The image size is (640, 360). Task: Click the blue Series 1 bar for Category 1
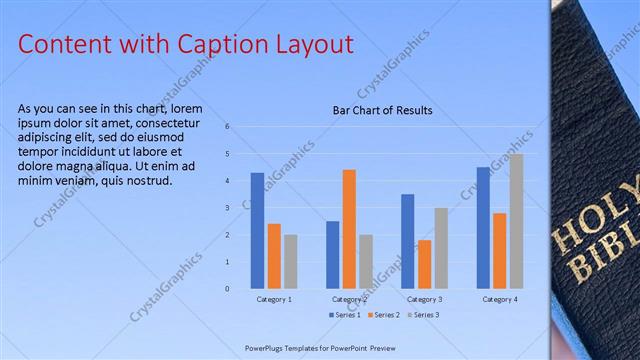pyautogui.click(x=257, y=231)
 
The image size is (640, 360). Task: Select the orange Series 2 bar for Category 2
pyautogui.click(x=349, y=229)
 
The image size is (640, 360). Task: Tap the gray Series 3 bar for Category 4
pyautogui.click(x=516, y=221)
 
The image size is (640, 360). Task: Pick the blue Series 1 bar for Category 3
pyautogui.click(x=408, y=241)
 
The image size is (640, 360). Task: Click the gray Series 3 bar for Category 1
pyautogui.click(x=290, y=261)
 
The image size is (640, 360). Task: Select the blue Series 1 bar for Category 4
pyautogui.click(x=483, y=228)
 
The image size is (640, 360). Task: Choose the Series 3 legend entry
pyautogui.click(x=423, y=315)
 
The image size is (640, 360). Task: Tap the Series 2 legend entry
pyautogui.click(x=386, y=315)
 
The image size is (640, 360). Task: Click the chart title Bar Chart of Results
pyautogui.click(x=383, y=110)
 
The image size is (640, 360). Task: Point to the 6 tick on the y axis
pyautogui.click(x=228, y=127)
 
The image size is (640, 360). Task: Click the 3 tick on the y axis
pyautogui.click(x=228, y=208)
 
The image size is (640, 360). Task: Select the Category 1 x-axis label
pyautogui.click(x=274, y=299)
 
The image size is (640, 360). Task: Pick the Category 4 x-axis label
pyautogui.click(x=499, y=299)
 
